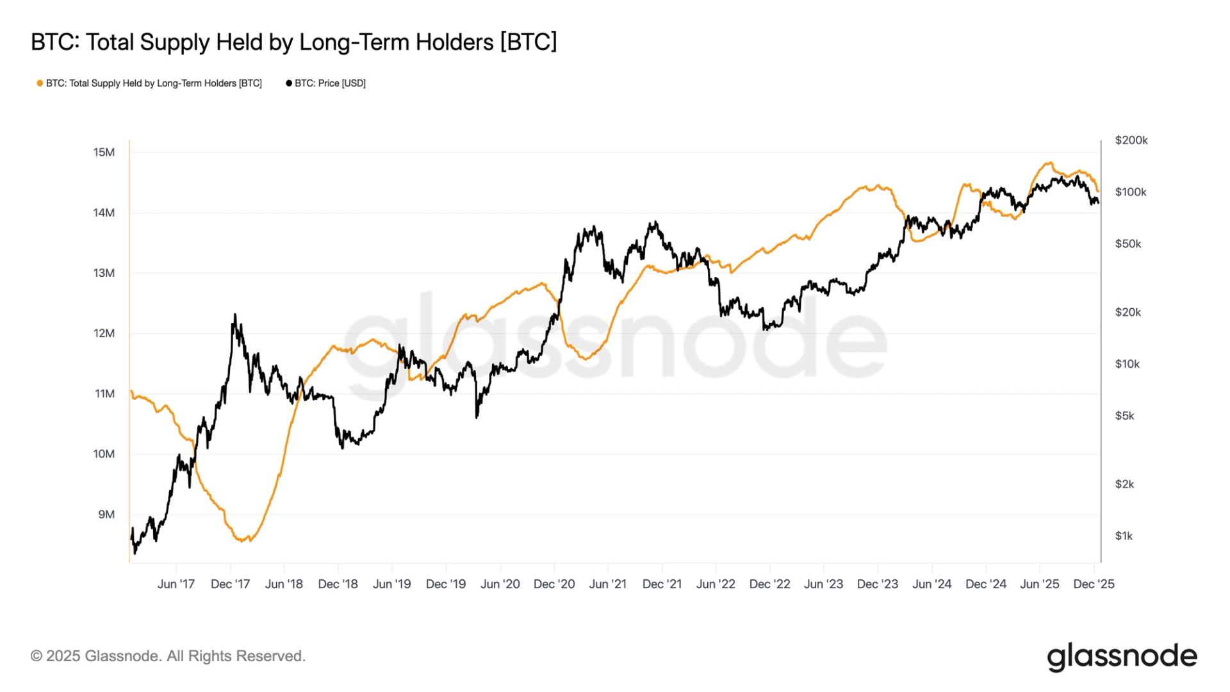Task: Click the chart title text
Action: pyautogui.click(x=293, y=42)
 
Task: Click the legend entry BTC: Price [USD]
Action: pyautogui.click(x=326, y=83)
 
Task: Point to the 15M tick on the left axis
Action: pyautogui.click(x=104, y=152)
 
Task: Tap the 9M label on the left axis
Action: pyautogui.click(x=106, y=515)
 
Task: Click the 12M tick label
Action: pyautogui.click(x=104, y=333)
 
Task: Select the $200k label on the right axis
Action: pyautogui.click(x=1131, y=140)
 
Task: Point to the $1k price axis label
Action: pyautogui.click(x=1124, y=536)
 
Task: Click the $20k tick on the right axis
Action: pyautogui.click(x=1127, y=313)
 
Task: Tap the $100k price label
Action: pyautogui.click(x=1131, y=192)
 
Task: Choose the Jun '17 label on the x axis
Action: pyautogui.click(x=176, y=584)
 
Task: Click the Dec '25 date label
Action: pyautogui.click(x=1094, y=584)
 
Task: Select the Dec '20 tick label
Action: pyautogui.click(x=554, y=584)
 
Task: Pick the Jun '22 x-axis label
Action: pyautogui.click(x=716, y=584)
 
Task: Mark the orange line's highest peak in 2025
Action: pyautogui.click(x=1049, y=163)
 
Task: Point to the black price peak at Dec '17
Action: pyautogui.click(x=234, y=315)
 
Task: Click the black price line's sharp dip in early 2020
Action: pyautogui.click(x=477, y=418)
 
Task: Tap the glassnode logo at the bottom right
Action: pyautogui.click(x=1122, y=657)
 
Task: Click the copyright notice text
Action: pyautogui.click(x=168, y=656)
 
